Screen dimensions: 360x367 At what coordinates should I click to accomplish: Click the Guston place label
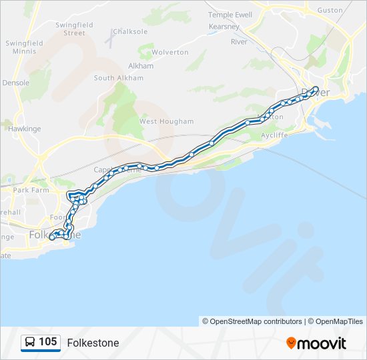[x=330, y=11]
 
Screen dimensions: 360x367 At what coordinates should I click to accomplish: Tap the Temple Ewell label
[x=230, y=15]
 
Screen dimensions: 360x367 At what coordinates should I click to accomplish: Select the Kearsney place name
[x=225, y=27]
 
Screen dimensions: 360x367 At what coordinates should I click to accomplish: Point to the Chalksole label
[x=129, y=31]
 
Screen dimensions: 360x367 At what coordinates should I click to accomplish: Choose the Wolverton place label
[x=170, y=52]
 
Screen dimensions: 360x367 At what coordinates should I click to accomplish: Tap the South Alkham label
[x=118, y=78]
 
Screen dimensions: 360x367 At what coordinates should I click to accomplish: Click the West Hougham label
[x=166, y=121]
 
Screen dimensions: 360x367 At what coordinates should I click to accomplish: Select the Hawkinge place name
[x=25, y=129]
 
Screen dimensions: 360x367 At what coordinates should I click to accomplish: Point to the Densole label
[x=16, y=83]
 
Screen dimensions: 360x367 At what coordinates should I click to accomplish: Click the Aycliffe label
[x=274, y=134]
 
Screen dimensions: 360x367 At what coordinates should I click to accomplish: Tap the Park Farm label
[x=31, y=190]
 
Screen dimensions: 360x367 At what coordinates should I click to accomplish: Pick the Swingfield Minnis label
[x=24, y=47]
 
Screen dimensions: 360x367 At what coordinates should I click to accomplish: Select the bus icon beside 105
[x=31, y=343]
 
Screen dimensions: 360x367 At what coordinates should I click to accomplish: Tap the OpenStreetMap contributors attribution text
[x=256, y=321]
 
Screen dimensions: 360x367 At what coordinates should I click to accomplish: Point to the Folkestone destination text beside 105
[x=93, y=343]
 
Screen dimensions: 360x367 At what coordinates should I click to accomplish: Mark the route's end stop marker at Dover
[x=316, y=89]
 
